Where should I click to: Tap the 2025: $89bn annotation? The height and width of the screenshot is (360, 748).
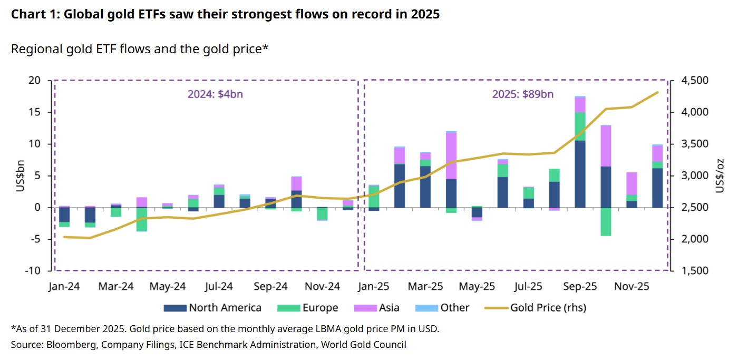522,94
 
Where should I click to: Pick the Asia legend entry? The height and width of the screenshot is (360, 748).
378,308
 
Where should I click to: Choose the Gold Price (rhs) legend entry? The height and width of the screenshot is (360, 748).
539,308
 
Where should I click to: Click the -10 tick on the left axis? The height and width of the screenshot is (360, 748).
33,271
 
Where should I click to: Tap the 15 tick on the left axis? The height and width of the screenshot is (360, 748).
34,112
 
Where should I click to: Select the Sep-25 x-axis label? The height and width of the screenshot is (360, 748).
580,287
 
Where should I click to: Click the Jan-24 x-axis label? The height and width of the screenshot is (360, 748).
64,287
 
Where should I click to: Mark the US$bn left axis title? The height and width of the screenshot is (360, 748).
21,176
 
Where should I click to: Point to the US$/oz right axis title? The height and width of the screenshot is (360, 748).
721,176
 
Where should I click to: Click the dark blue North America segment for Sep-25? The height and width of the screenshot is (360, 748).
580,174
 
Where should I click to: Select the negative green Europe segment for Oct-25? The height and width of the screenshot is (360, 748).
606,221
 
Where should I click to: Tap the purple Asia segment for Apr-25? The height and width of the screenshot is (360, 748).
451,155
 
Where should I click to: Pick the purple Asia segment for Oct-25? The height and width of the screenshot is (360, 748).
606,145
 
